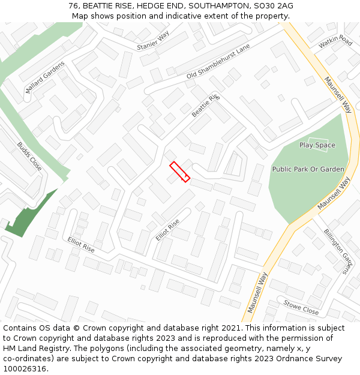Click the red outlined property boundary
point(179,172)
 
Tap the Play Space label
point(317,145)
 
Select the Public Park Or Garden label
point(308,169)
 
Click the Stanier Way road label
point(154,41)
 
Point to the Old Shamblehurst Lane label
point(218,64)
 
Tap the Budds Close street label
point(29,156)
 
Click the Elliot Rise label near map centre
point(167,230)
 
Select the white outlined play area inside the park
point(317,145)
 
